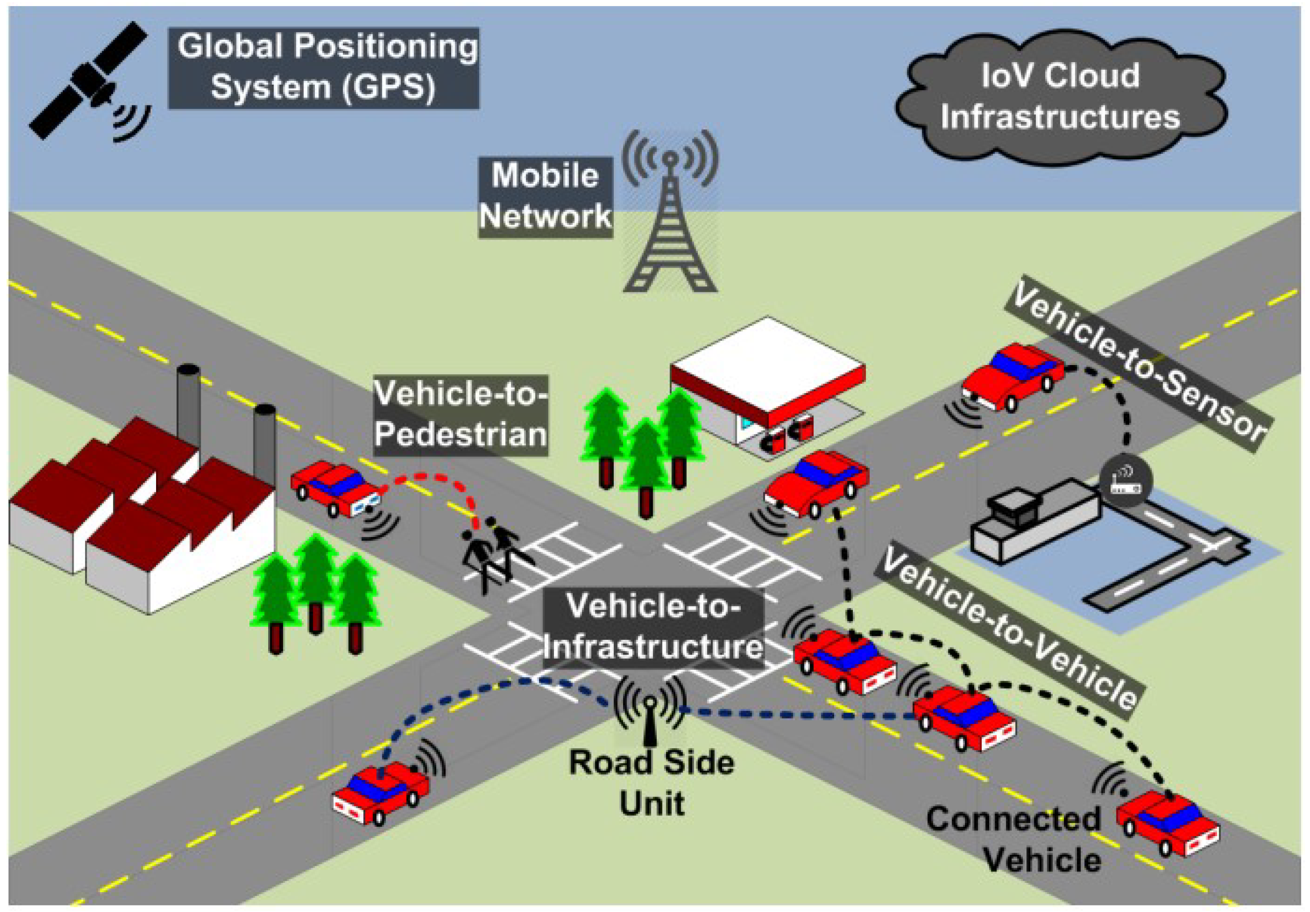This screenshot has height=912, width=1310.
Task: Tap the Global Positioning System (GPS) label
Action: [324, 68]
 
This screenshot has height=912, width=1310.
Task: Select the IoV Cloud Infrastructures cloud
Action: [1060, 97]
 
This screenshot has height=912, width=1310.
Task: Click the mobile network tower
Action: [670, 223]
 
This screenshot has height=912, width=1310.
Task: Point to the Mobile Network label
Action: [545, 196]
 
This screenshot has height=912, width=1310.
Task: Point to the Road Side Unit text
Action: [652, 782]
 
